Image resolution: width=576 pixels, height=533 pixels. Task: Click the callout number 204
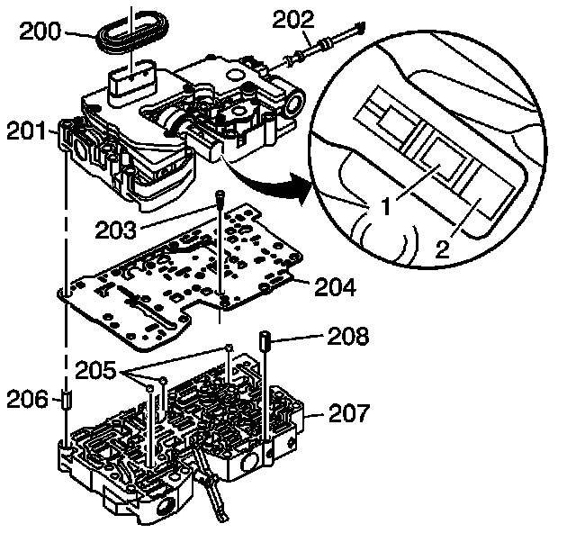334,288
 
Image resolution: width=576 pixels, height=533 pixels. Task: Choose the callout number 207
347,415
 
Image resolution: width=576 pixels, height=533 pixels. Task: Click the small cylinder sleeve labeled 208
267,342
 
